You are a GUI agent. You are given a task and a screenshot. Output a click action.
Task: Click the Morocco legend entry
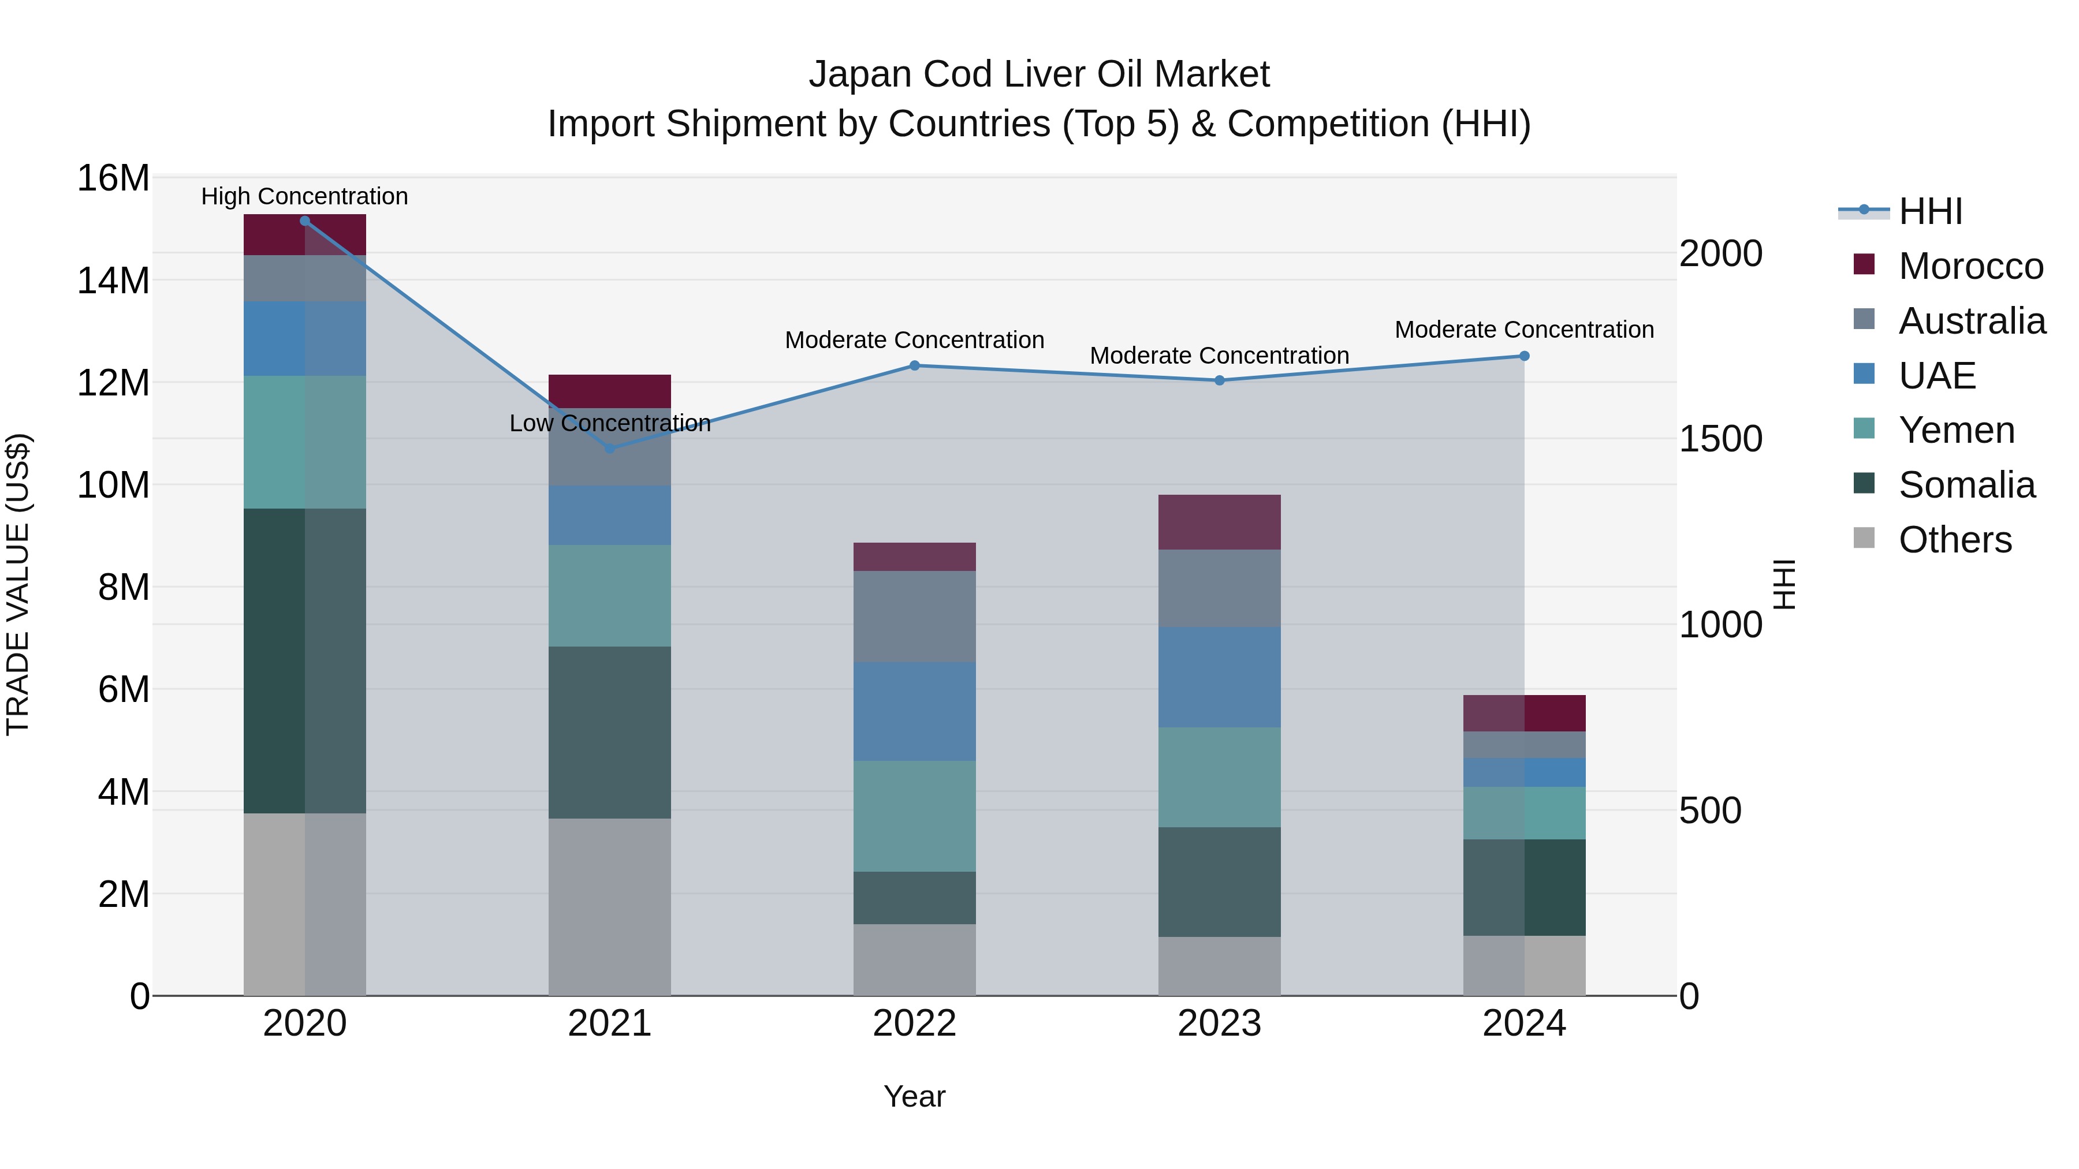[1970, 266]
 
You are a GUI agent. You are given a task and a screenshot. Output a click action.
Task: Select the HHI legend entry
[1929, 211]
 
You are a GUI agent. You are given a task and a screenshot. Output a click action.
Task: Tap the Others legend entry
[1954, 540]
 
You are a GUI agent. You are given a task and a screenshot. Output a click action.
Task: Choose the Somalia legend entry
[1966, 485]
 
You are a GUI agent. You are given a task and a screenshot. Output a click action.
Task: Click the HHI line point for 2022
[914, 365]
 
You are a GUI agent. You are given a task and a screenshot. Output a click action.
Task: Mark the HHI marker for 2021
[610, 449]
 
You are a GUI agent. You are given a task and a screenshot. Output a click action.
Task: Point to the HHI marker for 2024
[1524, 356]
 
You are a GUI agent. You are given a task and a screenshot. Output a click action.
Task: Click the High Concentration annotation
[304, 196]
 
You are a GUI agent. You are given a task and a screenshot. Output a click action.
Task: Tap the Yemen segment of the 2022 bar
[914, 816]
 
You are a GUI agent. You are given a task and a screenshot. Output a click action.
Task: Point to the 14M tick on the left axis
[113, 281]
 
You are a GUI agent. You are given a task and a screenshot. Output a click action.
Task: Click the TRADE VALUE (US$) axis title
[18, 584]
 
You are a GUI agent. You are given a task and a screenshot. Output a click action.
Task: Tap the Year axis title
[914, 1096]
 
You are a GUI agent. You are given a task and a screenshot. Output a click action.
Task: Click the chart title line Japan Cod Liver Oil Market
[1039, 74]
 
